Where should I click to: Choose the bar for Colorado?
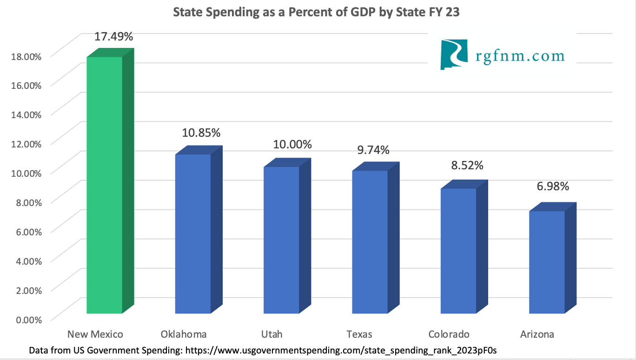click(x=458, y=251)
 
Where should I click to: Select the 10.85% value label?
click(x=201, y=133)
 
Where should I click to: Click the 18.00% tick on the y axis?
click(x=26, y=56)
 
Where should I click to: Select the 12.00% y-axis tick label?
click(x=26, y=144)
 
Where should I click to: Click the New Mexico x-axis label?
click(x=95, y=334)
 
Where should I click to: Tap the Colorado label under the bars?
click(x=449, y=334)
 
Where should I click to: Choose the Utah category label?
click(x=272, y=334)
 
